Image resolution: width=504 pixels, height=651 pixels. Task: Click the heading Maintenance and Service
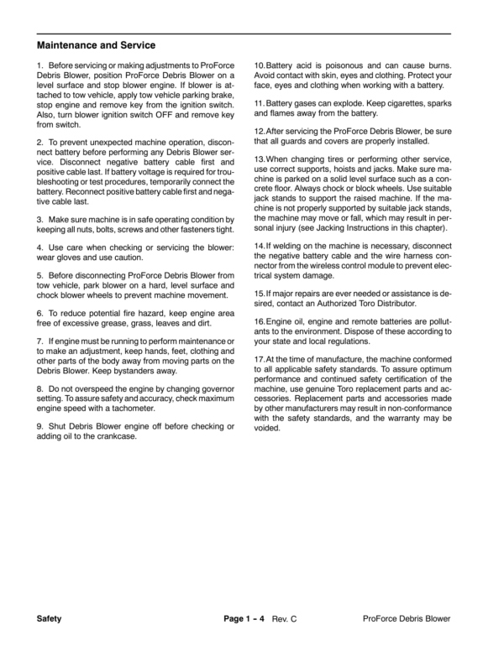click(x=97, y=44)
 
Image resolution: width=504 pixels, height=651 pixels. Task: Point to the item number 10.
click(x=259, y=65)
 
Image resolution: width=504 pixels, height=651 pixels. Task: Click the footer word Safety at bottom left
click(x=50, y=618)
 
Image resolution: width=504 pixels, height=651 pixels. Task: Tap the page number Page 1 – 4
click(x=244, y=618)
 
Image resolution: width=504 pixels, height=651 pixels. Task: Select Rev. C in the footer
click(x=285, y=618)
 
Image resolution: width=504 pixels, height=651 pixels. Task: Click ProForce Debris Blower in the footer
click(x=407, y=618)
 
